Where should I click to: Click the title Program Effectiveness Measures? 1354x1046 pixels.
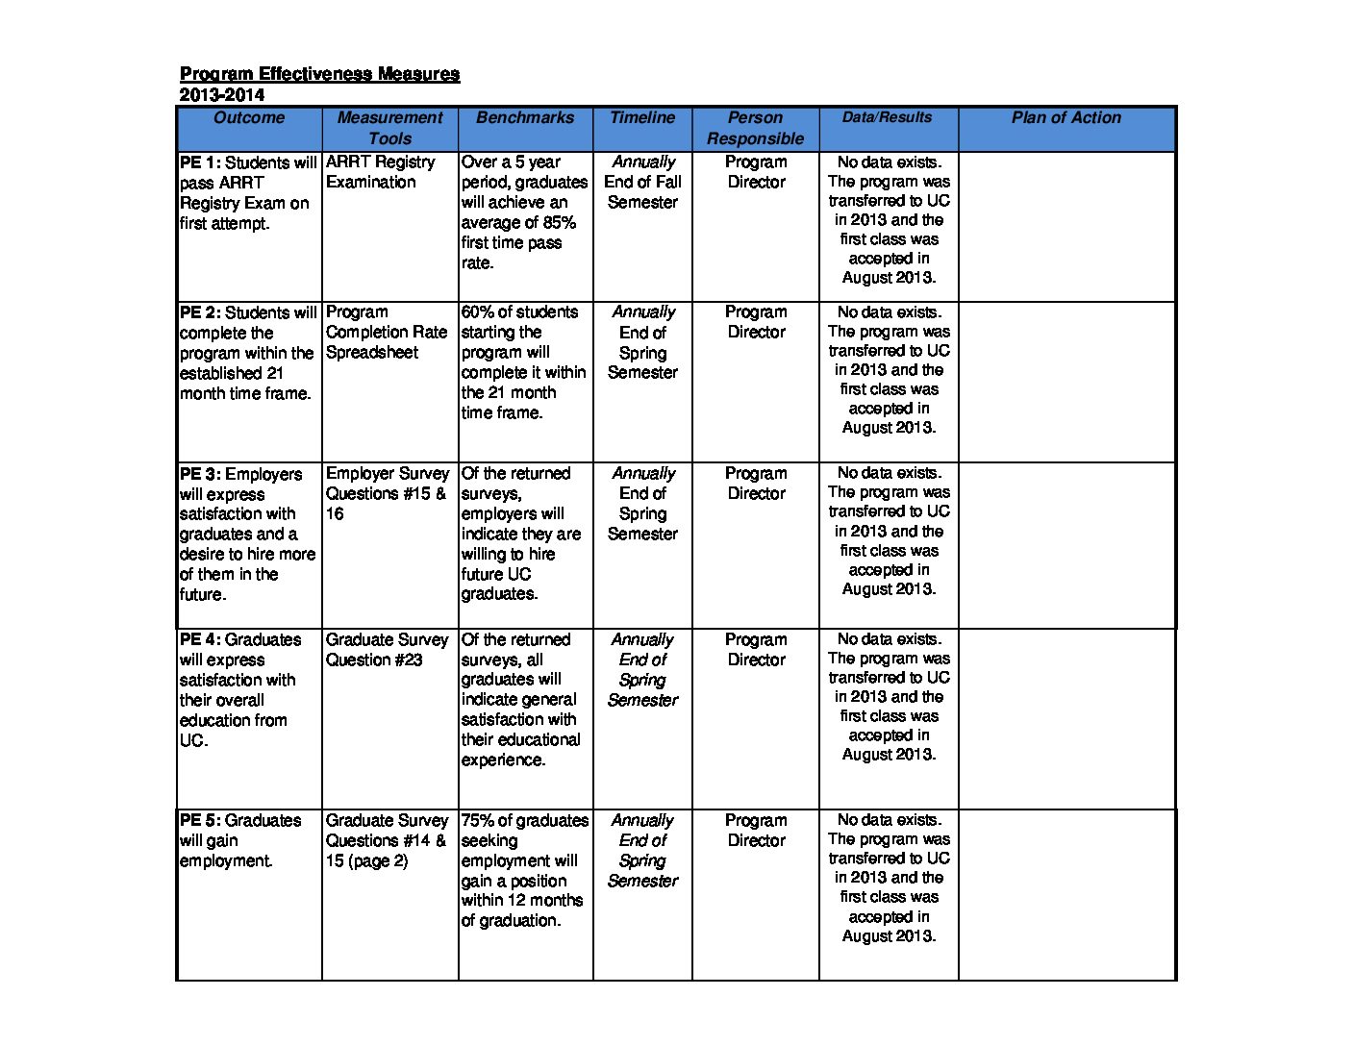coord(319,74)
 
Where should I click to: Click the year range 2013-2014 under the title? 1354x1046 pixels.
coord(221,94)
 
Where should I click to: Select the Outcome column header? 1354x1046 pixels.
coord(249,118)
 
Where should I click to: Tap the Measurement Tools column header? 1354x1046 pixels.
coord(389,128)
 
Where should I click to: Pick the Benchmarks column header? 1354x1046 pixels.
coord(524,118)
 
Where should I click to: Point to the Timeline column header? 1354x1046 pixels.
coord(642,118)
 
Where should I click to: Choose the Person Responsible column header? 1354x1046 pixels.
coord(755,128)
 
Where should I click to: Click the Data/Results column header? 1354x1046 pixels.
coord(887,117)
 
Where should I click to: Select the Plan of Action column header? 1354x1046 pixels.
coord(1066,118)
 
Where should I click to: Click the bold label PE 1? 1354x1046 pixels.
coord(200,162)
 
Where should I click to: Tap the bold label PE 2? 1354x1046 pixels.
coord(200,312)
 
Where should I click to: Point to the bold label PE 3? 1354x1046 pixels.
coord(200,474)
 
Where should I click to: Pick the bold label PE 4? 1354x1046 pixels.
coord(200,639)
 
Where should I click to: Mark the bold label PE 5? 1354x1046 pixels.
coord(200,820)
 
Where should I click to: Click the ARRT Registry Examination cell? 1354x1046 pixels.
coord(380,172)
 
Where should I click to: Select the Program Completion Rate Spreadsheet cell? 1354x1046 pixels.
coord(387,332)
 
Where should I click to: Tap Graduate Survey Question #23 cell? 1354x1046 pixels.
coord(387,650)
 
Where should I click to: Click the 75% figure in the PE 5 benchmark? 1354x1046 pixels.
coord(477,820)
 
